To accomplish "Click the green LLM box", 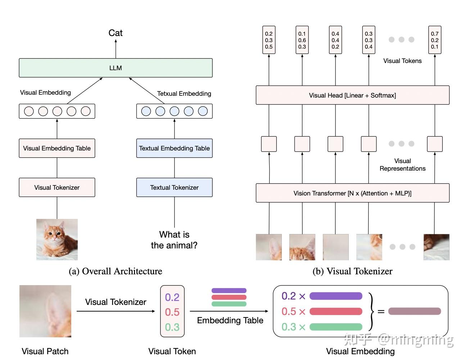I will point(116,68).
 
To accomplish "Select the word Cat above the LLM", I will point(116,33).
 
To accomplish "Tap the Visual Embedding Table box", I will point(57,148).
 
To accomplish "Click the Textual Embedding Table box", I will point(174,148).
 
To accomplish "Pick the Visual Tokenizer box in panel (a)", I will point(57,188).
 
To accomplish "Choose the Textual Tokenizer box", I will point(174,188).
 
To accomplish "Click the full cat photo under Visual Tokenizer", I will point(57,239).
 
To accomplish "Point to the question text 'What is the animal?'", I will point(174,240).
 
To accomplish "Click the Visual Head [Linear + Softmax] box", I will point(352,95).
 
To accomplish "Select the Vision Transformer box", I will point(352,193).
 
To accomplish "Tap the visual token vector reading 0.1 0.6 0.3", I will point(302,40).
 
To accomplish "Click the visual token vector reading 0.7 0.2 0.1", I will point(435,40).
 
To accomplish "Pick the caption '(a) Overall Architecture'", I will point(116,271).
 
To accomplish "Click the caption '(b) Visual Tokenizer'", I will point(352,271).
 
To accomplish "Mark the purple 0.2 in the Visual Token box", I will point(172,297).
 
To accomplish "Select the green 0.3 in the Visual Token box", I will point(172,327).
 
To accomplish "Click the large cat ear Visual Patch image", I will point(45,311).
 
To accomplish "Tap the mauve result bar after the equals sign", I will point(415,311).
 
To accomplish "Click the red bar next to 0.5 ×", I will point(336,311).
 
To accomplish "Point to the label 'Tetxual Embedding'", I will point(184,94).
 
